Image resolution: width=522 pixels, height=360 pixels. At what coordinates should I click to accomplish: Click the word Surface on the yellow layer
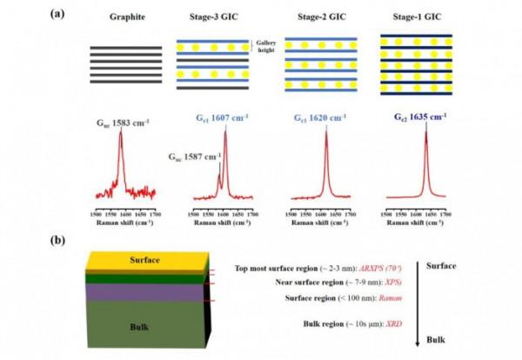point(144,260)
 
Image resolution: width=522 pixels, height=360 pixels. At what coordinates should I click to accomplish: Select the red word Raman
point(366,298)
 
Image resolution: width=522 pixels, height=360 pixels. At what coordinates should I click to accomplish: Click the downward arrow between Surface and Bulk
point(418,300)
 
